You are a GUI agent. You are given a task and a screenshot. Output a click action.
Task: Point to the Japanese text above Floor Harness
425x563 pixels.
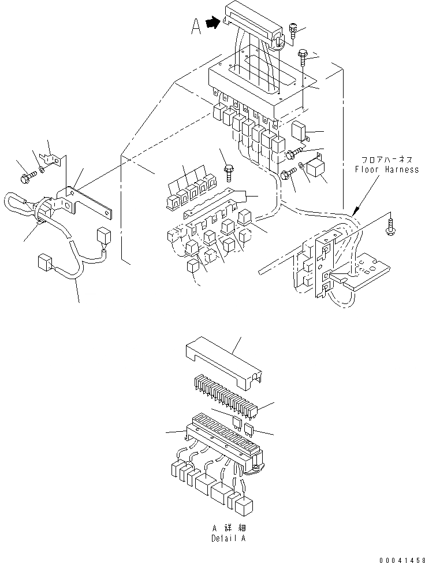coord(387,160)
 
